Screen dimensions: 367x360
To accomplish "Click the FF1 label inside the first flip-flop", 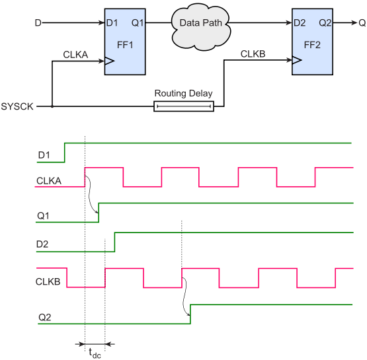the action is click(x=125, y=45).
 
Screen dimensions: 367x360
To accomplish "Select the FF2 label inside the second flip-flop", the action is click(x=312, y=45).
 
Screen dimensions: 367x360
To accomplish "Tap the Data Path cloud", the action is click(x=201, y=26).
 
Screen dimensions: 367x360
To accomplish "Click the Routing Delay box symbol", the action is click(x=184, y=106).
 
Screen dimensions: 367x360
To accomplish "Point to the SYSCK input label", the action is click(x=17, y=106).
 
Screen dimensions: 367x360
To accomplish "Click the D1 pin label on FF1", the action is click(x=112, y=23).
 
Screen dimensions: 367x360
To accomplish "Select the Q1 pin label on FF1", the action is click(x=138, y=23).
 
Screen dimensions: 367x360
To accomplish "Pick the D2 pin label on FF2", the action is click(x=300, y=23).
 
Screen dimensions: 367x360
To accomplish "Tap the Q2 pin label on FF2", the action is click(x=325, y=23).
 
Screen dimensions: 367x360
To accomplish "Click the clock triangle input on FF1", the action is click(x=109, y=61).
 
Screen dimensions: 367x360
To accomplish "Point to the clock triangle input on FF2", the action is click(x=297, y=60).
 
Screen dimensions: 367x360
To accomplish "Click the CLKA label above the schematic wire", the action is click(x=75, y=55).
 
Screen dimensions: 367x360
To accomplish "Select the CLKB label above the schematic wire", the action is click(x=253, y=54).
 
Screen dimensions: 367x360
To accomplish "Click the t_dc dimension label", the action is click(x=95, y=353).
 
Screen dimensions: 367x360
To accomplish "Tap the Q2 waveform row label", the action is click(x=45, y=317).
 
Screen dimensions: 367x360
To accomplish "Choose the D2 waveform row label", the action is click(x=42, y=244).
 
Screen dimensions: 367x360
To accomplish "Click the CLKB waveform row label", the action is click(x=48, y=281).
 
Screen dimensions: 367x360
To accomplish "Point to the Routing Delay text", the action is click(x=184, y=94).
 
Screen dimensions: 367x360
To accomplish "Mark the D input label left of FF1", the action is click(x=38, y=23).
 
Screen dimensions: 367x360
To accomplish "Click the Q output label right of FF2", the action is click(x=362, y=23).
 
